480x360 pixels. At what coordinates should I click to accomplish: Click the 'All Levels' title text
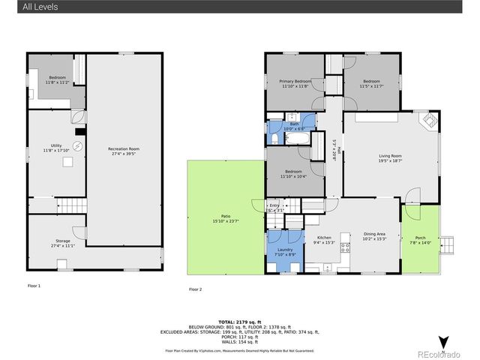pos(40,7)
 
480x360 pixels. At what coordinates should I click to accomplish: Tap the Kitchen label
pos(323,236)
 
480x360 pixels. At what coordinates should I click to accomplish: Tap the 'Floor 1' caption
pos(34,286)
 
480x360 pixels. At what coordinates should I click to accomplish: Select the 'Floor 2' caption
pos(196,289)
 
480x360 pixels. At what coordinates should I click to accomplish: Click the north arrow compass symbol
pos(443,342)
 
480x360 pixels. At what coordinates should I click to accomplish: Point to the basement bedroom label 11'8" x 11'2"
pos(58,80)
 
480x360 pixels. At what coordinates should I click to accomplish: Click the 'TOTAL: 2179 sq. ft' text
pos(238,320)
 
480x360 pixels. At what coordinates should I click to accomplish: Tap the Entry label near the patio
pos(274,207)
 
